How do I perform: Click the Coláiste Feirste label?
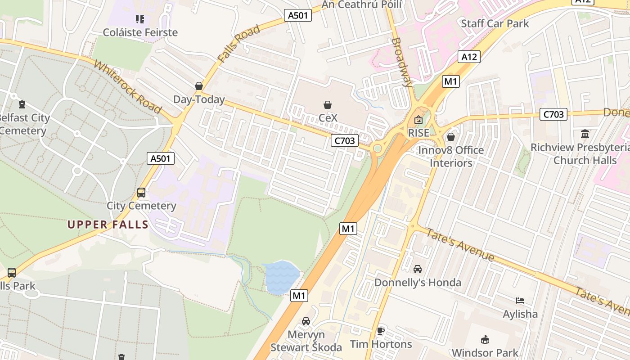[140, 32]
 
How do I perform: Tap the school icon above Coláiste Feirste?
[140, 19]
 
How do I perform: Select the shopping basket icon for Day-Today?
[199, 86]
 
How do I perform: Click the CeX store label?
[328, 117]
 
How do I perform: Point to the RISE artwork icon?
[418, 120]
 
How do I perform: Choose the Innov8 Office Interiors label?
[451, 156]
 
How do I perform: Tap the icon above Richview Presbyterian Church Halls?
[585, 134]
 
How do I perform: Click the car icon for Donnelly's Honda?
[418, 269]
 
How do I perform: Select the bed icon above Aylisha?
[520, 301]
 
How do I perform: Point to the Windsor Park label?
[485, 352]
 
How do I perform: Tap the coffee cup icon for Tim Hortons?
[381, 331]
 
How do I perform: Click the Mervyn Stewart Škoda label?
[306, 341]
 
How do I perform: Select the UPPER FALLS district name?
[108, 225]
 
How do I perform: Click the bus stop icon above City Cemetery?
[141, 193]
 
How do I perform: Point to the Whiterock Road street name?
[127, 86]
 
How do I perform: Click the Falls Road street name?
[238, 44]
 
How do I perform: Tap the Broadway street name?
[402, 62]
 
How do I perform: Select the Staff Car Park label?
[495, 23]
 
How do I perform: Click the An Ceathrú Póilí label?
[362, 4]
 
